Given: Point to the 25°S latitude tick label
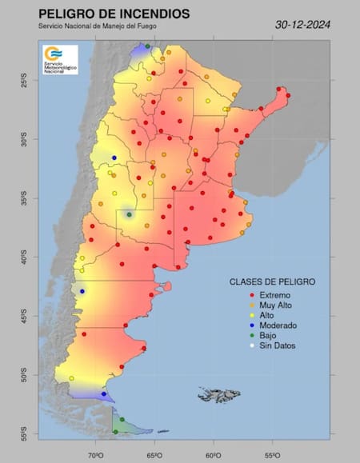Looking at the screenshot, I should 24,82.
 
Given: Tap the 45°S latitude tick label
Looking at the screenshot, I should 24,317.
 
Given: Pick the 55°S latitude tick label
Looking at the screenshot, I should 24,434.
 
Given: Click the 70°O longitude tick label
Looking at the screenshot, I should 96,456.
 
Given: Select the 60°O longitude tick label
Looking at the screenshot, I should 213,456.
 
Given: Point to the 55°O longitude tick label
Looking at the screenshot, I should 272,456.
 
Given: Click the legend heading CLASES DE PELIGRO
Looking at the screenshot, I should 272,282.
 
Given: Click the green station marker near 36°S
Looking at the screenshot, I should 128,214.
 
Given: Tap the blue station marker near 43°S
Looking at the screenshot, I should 82,291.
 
